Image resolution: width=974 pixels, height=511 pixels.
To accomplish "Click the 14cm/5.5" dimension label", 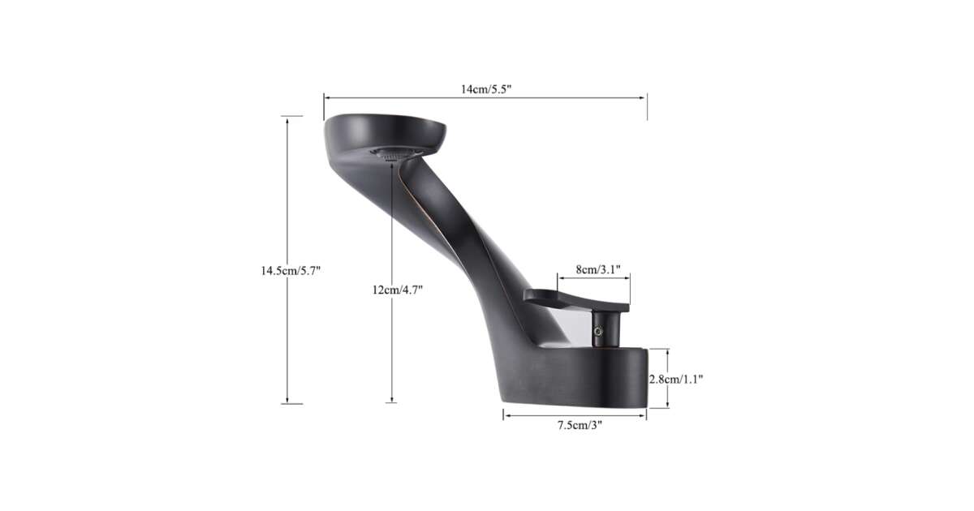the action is (485, 89).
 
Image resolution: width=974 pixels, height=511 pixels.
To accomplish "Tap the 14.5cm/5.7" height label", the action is (291, 271).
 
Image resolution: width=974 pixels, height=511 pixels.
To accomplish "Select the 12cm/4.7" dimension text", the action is (398, 290).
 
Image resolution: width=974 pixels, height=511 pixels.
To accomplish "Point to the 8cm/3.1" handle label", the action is (598, 269).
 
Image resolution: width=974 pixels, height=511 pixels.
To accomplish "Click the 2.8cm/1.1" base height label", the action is (676, 380).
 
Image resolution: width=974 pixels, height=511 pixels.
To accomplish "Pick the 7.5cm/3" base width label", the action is (580, 425).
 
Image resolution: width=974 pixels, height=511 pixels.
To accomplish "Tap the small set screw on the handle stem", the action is (599, 332).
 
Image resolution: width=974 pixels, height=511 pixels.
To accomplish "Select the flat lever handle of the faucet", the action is (576, 299).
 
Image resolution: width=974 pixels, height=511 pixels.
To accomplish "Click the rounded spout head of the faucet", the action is (385, 131).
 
